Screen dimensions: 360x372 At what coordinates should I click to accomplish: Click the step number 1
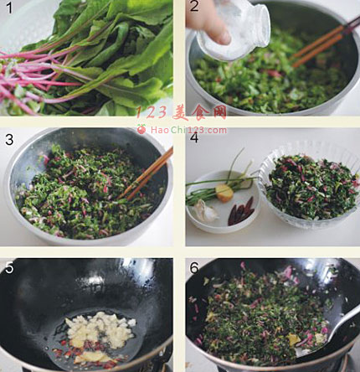tap(9, 8)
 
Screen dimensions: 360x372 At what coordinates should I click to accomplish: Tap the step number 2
tap(194, 7)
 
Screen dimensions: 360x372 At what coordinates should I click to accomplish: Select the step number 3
tap(9, 139)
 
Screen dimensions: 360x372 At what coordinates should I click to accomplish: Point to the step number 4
tap(194, 138)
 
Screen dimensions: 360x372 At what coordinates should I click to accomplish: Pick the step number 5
tap(9, 267)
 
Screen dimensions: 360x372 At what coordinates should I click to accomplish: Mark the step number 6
tap(194, 268)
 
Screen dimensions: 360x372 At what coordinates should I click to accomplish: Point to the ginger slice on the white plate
tap(224, 193)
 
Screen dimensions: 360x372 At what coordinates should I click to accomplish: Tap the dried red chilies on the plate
tap(241, 211)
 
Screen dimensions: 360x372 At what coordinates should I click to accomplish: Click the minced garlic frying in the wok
tap(100, 328)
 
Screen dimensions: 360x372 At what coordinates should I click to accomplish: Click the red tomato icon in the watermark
tap(141, 129)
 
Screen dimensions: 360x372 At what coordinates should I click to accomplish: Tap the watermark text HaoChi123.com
tap(188, 130)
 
